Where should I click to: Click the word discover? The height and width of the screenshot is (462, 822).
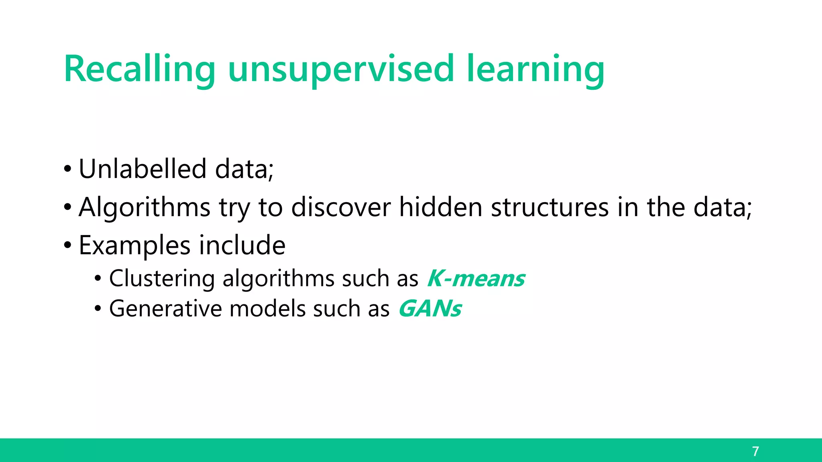pyautogui.click(x=341, y=207)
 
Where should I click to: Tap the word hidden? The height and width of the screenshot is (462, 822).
pyautogui.click(x=440, y=207)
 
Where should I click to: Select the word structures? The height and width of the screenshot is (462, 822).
pyautogui.click(x=549, y=207)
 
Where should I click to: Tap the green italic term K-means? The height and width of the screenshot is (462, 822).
pyautogui.click(x=476, y=278)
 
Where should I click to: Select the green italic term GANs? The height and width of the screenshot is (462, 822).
pyautogui.click(x=430, y=309)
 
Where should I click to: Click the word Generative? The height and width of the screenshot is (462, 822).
pyautogui.click(x=165, y=309)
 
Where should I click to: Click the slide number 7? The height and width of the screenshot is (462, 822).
pyautogui.click(x=755, y=451)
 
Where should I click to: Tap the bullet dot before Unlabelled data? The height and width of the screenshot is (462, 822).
pyautogui.click(x=67, y=169)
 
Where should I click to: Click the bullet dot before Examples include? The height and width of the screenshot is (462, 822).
pyautogui.click(x=67, y=245)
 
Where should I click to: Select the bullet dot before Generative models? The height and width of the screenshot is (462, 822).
pyautogui.click(x=98, y=309)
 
